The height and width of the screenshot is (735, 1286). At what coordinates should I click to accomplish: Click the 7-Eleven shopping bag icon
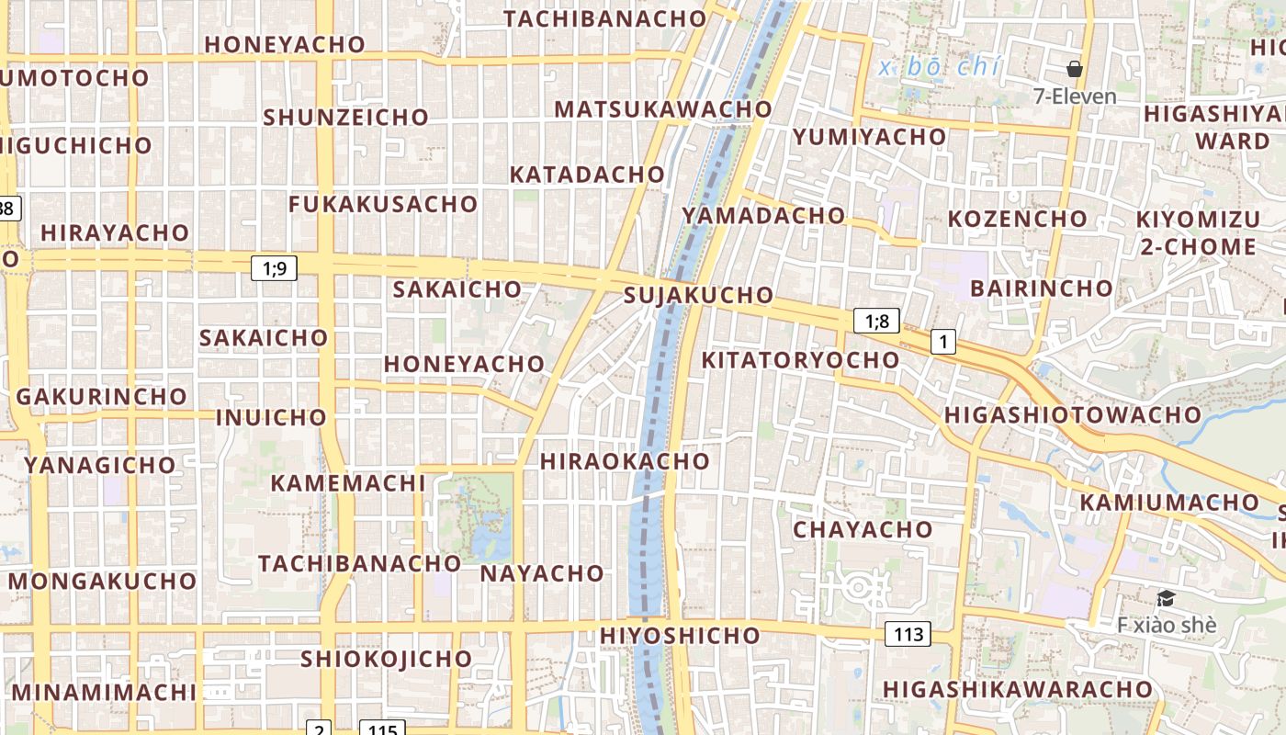pos(1074,69)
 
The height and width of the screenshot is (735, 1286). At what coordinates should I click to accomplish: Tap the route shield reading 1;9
pos(274,268)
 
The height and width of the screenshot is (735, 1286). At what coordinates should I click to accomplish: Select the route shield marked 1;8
pos(876,321)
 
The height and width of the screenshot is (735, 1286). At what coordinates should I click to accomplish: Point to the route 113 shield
pos(908,633)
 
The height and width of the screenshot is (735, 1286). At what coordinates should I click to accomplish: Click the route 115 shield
pos(381,729)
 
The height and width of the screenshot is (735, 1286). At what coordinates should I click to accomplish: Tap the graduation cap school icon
pos(1166,598)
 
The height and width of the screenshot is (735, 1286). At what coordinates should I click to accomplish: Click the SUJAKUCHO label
pos(698,295)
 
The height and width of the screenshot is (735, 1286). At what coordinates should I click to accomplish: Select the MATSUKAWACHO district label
pos(663,108)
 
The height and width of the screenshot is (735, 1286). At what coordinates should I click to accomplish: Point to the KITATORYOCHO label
pos(800,359)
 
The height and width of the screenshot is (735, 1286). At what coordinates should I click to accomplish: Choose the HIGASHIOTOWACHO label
pos(1073,414)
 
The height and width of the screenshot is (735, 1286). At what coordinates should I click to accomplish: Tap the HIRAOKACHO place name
pos(625,460)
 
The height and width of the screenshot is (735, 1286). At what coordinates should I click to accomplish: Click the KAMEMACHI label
pos(348,482)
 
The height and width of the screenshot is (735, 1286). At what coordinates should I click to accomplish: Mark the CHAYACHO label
pos(863,529)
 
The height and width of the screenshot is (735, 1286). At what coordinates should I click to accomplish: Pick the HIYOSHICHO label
pos(680,635)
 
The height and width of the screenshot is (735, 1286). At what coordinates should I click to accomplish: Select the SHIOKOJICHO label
pos(387,659)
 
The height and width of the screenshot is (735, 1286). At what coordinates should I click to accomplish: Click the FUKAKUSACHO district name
pos(383,204)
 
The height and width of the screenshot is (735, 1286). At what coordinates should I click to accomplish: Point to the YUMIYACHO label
pos(869,137)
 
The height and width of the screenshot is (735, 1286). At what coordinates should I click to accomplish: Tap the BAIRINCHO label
pos(1042,288)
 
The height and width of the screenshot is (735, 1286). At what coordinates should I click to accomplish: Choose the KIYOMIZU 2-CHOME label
pos(1198,232)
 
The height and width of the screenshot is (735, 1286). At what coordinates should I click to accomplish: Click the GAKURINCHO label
pos(102,396)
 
